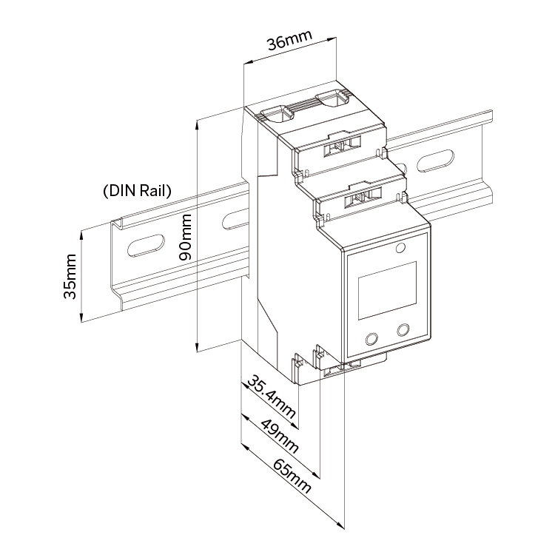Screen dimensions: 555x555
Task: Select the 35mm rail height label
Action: (x=70, y=275)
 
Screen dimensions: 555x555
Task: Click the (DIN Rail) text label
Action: (x=136, y=190)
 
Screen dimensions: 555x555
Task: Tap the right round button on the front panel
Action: (x=404, y=329)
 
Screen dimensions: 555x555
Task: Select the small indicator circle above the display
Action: (x=400, y=247)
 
